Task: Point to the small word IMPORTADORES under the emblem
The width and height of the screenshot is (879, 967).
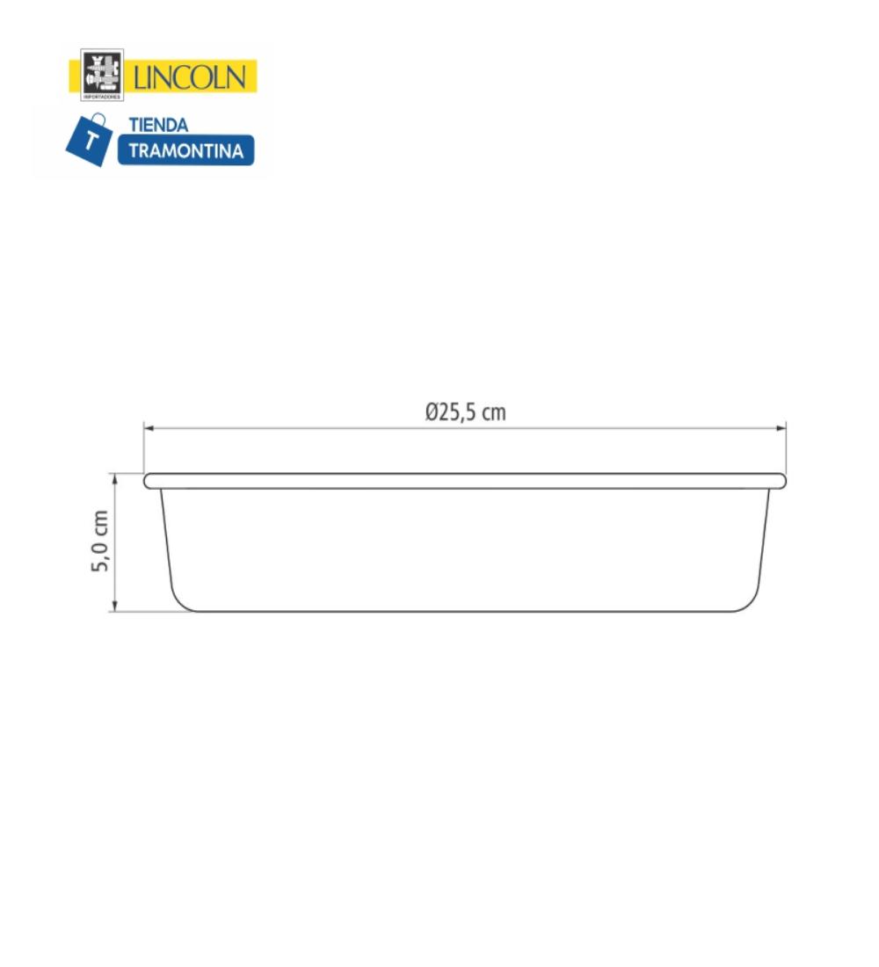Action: (x=102, y=97)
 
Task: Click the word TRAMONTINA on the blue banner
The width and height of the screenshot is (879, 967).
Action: (x=185, y=150)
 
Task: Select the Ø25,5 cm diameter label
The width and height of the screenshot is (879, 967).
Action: (x=465, y=412)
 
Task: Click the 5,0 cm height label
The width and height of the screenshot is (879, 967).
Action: (x=101, y=542)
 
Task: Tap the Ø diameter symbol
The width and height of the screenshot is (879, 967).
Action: (x=432, y=412)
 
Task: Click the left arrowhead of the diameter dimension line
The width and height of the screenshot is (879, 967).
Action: (x=148, y=428)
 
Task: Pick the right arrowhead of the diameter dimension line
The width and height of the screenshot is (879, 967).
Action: (x=782, y=428)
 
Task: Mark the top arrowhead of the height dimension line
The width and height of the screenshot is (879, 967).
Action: (x=114, y=476)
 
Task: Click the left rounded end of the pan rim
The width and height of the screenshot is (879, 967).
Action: (x=149, y=481)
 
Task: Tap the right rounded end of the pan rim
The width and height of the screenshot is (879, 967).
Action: (x=781, y=481)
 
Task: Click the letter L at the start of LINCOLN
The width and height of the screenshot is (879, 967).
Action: (x=140, y=77)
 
